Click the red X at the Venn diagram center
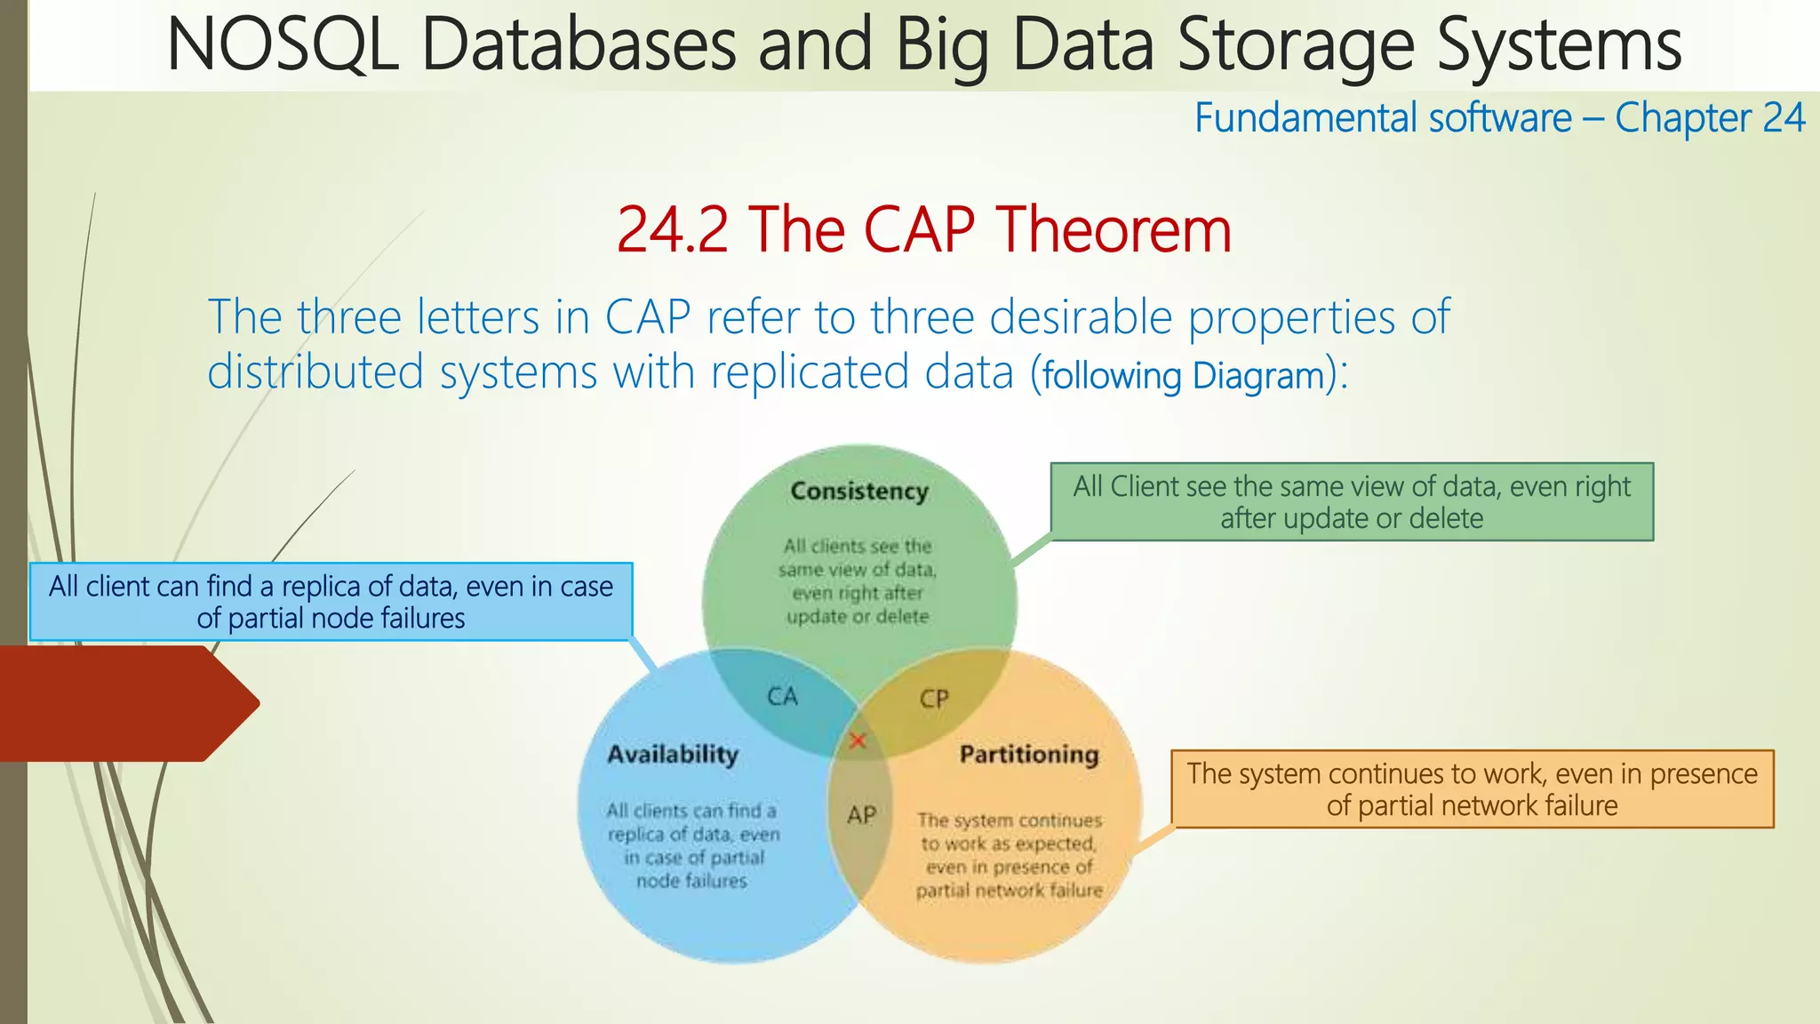point(858,740)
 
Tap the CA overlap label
point(782,696)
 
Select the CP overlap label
point(934,699)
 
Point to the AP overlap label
point(861,814)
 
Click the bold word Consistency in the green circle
point(859,491)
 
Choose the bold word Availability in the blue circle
point(673,754)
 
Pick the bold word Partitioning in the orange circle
point(1029,754)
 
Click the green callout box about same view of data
point(1352,502)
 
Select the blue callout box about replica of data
point(331,602)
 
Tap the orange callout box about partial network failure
point(1472,789)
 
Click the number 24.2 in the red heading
point(674,230)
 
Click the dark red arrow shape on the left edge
point(124,703)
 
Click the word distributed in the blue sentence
point(315,372)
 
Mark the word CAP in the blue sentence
point(648,317)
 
